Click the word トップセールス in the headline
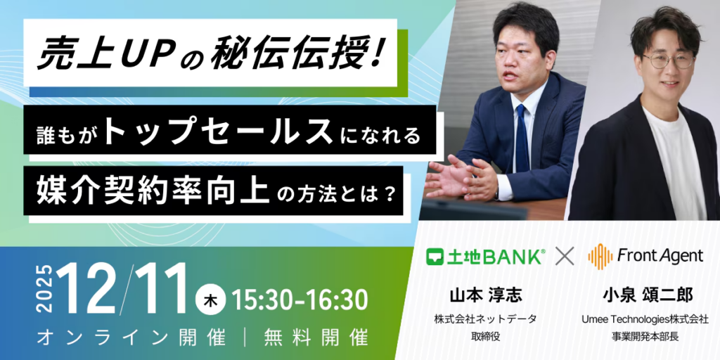click(219, 131)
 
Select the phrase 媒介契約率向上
click(153, 190)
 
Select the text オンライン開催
click(131, 338)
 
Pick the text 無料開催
click(316, 338)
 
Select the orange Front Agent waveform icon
click(600, 257)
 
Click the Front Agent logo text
click(660, 256)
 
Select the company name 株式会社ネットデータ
click(485, 319)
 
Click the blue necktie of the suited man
click(522, 138)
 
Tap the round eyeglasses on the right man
click(668, 60)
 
